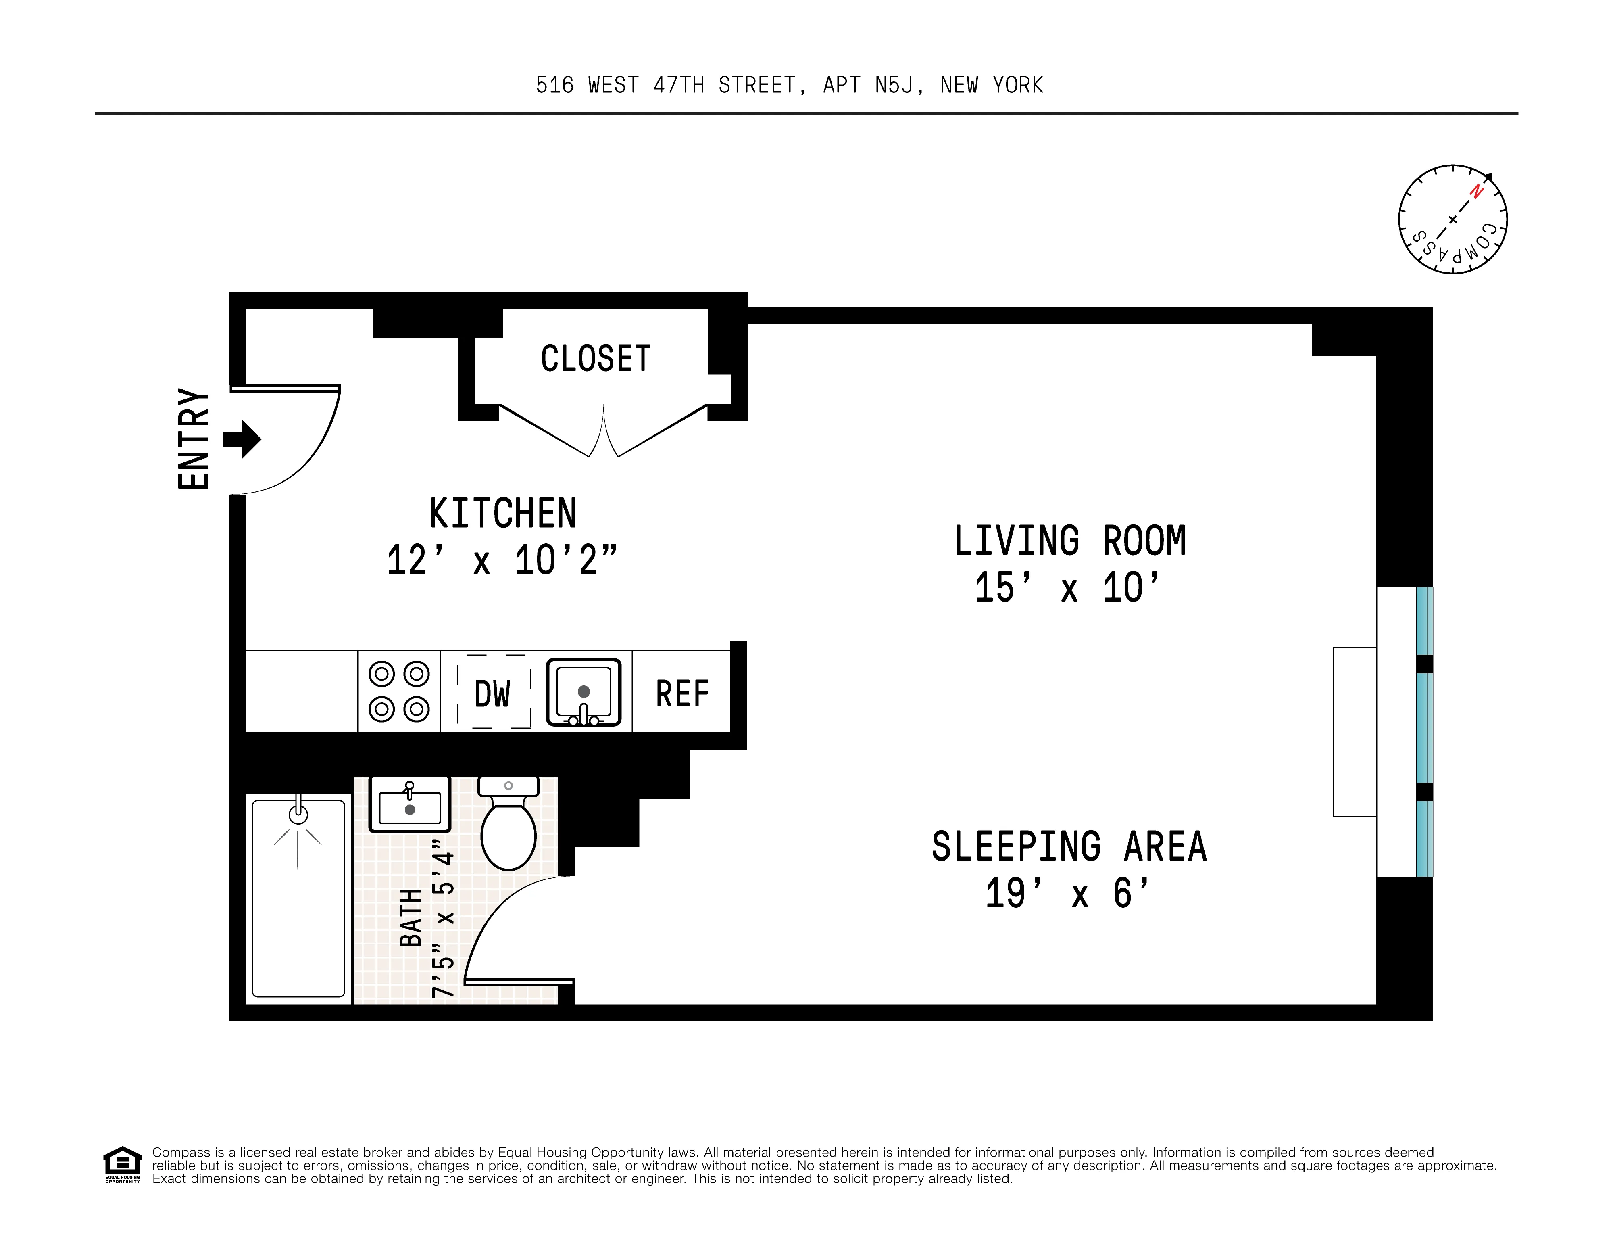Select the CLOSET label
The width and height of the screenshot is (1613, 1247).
(595, 359)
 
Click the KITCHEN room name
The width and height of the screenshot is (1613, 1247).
(503, 514)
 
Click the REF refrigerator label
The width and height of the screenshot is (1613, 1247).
(681, 694)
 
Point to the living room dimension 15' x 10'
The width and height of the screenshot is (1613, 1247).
(1067, 589)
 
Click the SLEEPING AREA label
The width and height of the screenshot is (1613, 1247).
(1069, 847)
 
